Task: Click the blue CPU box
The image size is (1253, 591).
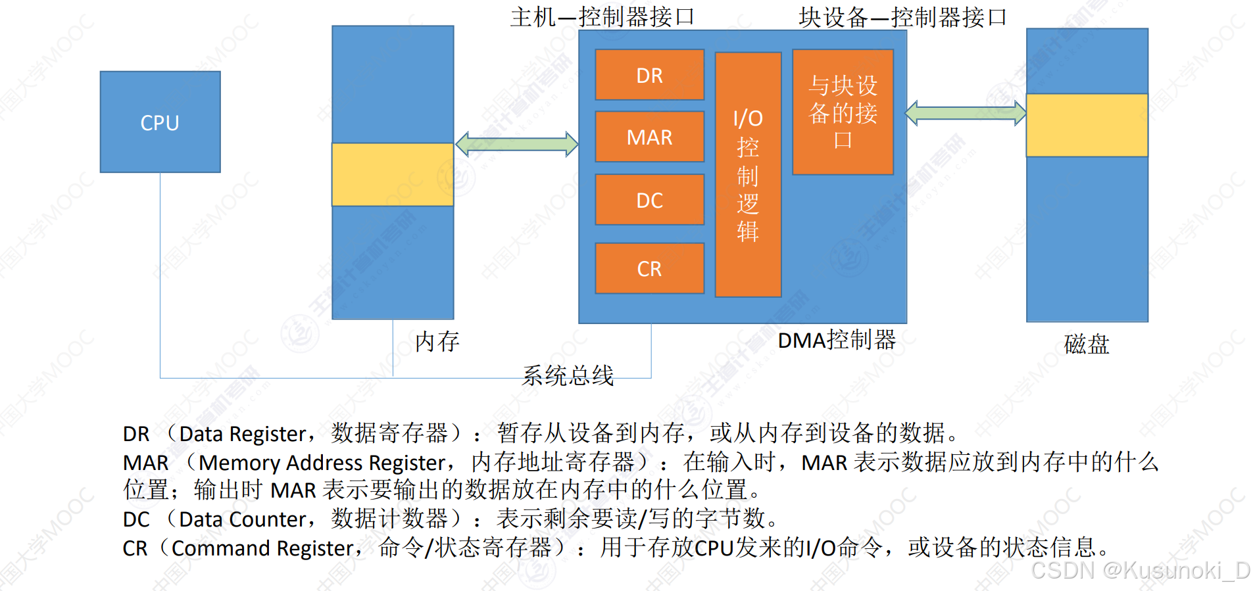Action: tap(160, 122)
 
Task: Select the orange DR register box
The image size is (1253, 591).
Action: tap(649, 75)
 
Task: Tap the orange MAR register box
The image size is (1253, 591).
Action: tap(649, 137)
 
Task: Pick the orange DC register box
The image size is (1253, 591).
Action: tap(649, 200)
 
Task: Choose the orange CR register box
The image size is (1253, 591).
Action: tap(649, 268)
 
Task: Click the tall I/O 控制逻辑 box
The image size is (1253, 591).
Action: tap(748, 175)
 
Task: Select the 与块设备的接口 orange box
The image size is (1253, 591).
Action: tap(843, 112)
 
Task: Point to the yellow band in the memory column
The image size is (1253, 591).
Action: tap(393, 174)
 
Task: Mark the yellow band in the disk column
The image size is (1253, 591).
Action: tap(1087, 125)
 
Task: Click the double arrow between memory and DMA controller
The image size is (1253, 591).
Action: tap(517, 144)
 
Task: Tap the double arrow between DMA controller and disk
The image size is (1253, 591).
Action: tap(966, 113)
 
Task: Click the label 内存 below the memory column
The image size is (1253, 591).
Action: tap(437, 341)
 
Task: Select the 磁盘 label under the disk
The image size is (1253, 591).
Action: tap(1087, 344)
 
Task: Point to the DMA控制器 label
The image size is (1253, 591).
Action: tap(837, 340)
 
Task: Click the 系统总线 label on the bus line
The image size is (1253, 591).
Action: tap(568, 375)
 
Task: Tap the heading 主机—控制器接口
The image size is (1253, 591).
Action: tap(602, 17)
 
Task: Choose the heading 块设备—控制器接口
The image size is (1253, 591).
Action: tap(902, 17)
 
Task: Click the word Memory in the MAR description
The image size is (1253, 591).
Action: tap(240, 463)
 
